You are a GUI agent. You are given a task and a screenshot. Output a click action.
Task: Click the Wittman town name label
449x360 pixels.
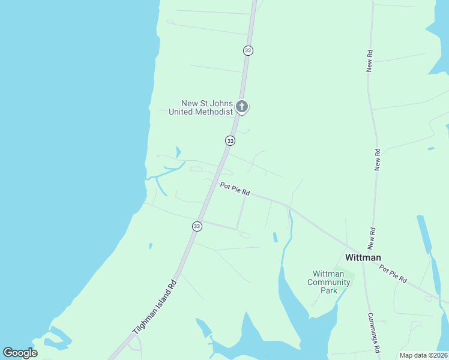363,257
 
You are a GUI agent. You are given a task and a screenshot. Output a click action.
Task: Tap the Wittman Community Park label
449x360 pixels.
328,282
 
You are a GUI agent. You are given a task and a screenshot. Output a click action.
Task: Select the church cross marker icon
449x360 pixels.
242,107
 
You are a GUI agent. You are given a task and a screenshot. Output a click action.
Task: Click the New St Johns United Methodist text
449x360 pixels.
200,107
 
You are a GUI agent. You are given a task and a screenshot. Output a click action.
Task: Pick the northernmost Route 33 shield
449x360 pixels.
248,50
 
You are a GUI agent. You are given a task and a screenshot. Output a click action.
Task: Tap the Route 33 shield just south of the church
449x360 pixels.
230,140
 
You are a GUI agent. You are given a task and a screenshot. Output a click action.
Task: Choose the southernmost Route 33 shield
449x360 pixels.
197,226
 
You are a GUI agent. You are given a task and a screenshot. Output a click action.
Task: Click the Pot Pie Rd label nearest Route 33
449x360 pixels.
235,189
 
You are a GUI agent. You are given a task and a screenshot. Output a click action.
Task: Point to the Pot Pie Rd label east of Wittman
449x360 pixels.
393,274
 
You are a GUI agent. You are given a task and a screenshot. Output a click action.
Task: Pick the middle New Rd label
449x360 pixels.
378,160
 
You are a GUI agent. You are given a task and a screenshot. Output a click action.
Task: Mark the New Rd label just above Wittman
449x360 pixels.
372,238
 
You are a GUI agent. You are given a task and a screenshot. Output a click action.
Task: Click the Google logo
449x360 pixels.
20,353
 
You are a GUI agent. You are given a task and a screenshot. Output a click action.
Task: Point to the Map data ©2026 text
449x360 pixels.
423,355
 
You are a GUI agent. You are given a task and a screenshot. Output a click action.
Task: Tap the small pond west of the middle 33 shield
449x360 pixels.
178,152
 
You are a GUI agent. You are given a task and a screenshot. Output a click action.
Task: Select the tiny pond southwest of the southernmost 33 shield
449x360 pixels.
150,245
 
